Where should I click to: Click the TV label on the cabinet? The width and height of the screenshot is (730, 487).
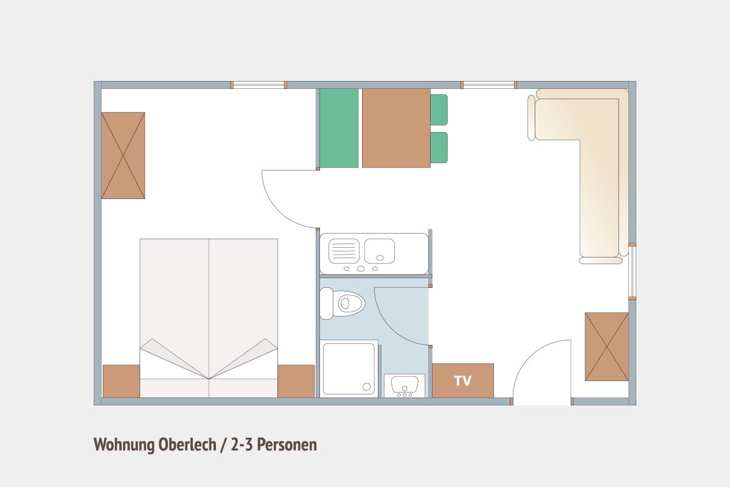463,380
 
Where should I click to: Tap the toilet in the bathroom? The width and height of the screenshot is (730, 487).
342,303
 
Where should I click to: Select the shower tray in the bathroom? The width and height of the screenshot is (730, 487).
349,368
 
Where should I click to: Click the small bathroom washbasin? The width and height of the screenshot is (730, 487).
405,385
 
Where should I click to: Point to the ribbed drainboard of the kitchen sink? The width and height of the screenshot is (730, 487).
344,251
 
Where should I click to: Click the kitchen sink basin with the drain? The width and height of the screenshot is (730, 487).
380,251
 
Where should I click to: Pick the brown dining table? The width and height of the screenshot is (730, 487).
396,128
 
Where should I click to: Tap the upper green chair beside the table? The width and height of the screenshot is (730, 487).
439,110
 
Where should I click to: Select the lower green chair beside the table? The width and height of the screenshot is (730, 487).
439,147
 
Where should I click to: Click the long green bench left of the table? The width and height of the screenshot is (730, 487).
339,128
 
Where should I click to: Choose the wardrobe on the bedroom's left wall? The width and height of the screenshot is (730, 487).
123,155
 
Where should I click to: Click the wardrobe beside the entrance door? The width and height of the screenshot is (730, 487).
607,346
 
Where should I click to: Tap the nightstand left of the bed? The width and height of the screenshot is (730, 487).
121,381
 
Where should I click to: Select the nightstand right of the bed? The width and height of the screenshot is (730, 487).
296,381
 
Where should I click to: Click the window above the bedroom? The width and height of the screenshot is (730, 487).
259,85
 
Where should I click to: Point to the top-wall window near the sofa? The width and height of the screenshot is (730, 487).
489,85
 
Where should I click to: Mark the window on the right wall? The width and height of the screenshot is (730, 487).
632,272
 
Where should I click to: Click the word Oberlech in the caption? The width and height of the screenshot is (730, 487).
187,444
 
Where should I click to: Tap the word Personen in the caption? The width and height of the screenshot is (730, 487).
287,444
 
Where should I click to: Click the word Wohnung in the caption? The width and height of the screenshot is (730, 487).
124,445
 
